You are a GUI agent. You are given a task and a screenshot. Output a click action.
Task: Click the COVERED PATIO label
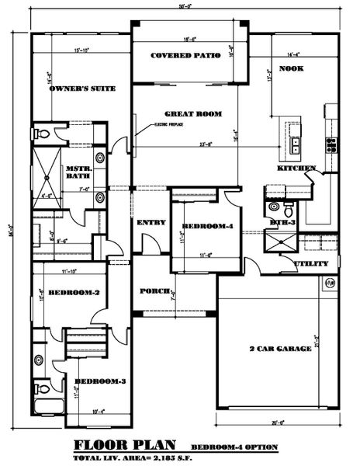(x=186, y=56)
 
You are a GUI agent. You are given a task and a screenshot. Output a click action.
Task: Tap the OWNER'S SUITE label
(x=81, y=89)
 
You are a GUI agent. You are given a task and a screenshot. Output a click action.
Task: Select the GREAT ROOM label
(x=193, y=114)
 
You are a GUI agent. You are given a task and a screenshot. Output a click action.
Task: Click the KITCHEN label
(x=297, y=169)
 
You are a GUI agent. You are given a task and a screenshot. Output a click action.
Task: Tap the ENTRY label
(x=152, y=223)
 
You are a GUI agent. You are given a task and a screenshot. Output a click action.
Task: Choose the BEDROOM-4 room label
(x=207, y=227)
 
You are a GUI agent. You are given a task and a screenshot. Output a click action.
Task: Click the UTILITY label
(x=306, y=264)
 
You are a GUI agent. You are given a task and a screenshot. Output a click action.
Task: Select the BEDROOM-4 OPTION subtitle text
(x=234, y=447)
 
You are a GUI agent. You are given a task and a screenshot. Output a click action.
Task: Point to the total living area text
(x=128, y=457)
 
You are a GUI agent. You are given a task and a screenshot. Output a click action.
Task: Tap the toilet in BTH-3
(x=288, y=210)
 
